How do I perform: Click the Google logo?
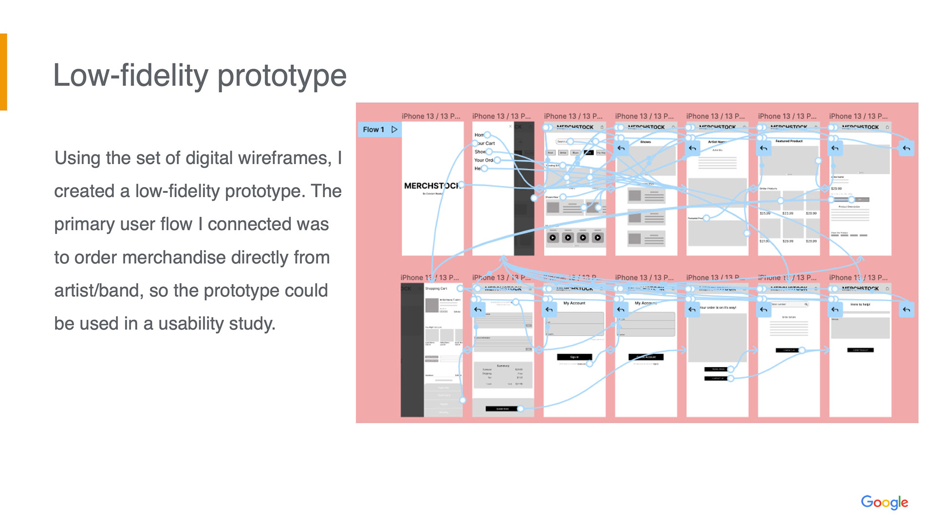point(884,502)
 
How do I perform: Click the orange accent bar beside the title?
point(3,72)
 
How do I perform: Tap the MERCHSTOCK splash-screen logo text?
point(431,186)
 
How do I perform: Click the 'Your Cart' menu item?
point(486,143)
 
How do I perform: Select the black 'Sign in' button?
point(574,357)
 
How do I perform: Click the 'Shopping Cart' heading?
point(436,288)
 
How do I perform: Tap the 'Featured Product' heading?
point(789,141)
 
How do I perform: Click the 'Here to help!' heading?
point(860,304)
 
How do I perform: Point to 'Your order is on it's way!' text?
point(718,308)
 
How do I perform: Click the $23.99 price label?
point(787,213)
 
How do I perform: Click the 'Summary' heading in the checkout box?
point(503,365)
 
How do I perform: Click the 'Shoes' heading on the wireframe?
point(645,142)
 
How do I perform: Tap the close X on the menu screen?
point(510,126)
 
